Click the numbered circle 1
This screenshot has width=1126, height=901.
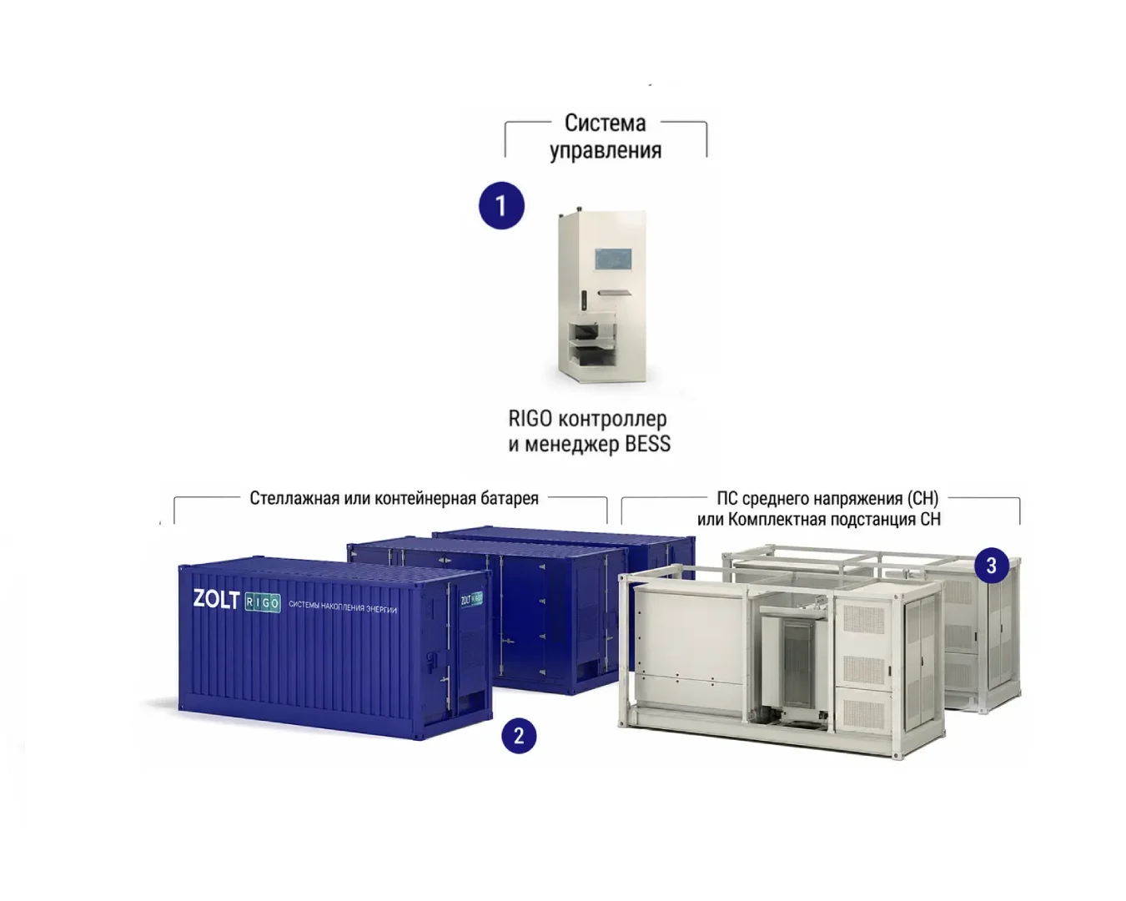(501, 205)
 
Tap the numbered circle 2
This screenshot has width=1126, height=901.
(519, 736)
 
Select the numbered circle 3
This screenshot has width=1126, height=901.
(991, 565)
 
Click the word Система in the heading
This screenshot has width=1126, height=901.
(605, 123)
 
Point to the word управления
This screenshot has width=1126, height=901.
(606, 150)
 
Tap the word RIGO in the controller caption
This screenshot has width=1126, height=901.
(530, 418)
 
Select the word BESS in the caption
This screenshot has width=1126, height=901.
(648, 444)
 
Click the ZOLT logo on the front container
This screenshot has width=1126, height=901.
(216, 599)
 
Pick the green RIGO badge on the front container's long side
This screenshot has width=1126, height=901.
(262, 602)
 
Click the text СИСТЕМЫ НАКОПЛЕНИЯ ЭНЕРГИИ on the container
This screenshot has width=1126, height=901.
(343, 607)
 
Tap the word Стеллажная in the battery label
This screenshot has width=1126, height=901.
(294, 498)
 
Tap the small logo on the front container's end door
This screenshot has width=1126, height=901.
(471, 600)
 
